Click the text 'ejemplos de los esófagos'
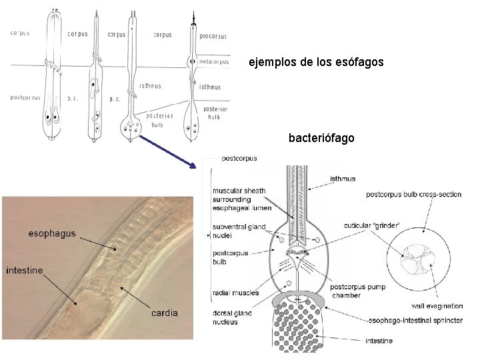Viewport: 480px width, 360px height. (316, 63)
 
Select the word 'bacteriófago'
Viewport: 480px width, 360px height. (321, 139)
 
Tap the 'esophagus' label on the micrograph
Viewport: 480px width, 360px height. (52, 234)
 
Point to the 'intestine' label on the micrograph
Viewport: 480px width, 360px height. (25, 270)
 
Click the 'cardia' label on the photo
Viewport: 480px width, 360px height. (164, 313)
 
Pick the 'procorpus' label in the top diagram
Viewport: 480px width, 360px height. (213, 36)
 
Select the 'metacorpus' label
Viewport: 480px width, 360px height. (214, 62)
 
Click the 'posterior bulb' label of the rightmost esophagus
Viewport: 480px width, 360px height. (215, 113)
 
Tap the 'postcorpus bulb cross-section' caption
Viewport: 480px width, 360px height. (413, 195)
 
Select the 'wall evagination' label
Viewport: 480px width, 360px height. (437, 306)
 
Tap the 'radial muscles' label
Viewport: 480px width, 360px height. (235, 293)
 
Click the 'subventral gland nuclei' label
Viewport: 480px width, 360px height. (239, 231)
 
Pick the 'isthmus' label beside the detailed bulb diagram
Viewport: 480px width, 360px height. (343, 179)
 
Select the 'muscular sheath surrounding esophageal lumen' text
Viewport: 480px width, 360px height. (239, 199)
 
